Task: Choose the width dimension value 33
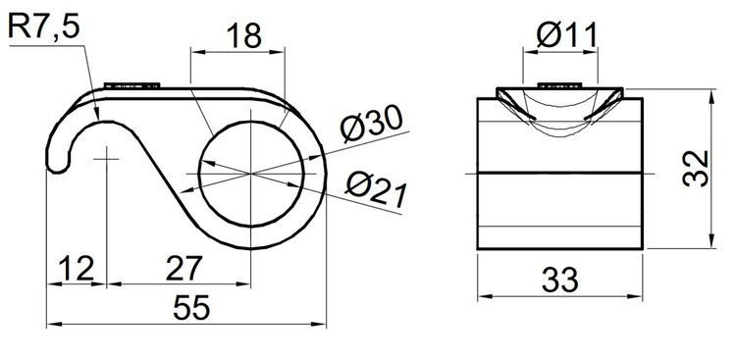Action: [558, 281]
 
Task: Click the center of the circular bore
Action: [252, 173]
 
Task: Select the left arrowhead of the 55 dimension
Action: [53, 322]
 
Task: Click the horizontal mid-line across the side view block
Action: [559, 173]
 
